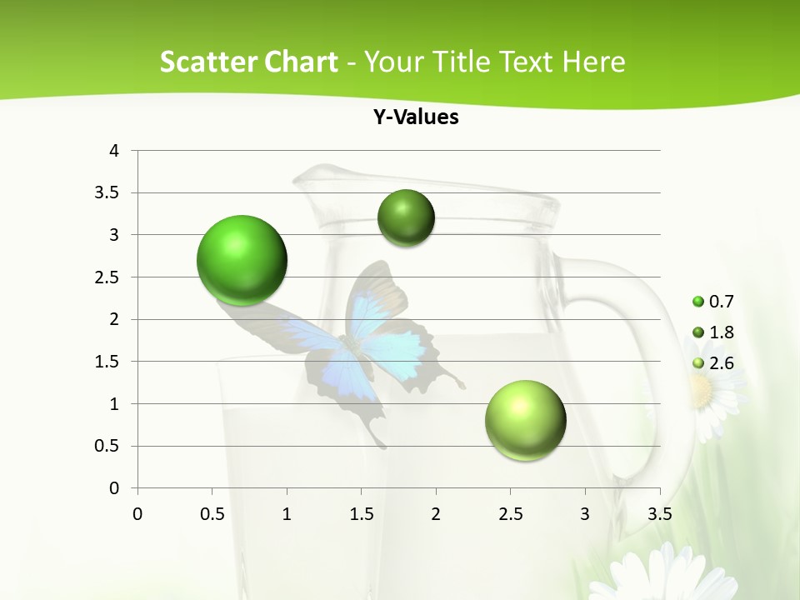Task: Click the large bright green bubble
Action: pyautogui.click(x=242, y=260)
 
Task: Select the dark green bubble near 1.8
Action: pyautogui.click(x=406, y=218)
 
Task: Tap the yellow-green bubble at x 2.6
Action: pyautogui.click(x=525, y=420)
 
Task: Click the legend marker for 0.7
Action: pyautogui.click(x=698, y=302)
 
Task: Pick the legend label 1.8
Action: pyautogui.click(x=721, y=332)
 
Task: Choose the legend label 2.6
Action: pyautogui.click(x=721, y=363)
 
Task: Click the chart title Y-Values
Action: pyautogui.click(x=416, y=117)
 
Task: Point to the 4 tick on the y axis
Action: pyautogui.click(x=114, y=151)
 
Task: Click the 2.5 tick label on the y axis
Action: pyautogui.click(x=108, y=277)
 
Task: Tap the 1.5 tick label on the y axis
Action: pyautogui.click(x=108, y=362)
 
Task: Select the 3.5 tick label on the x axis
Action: pyautogui.click(x=659, y=514)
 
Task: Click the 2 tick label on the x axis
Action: pyautogui.click(x=435, y=514)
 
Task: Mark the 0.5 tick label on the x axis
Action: pyautogui.click(x=212, y=514)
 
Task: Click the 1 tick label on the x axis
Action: pyautogui.click(x=287, y=514)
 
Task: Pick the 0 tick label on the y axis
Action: pyautogui.click(x=114, y=488)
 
